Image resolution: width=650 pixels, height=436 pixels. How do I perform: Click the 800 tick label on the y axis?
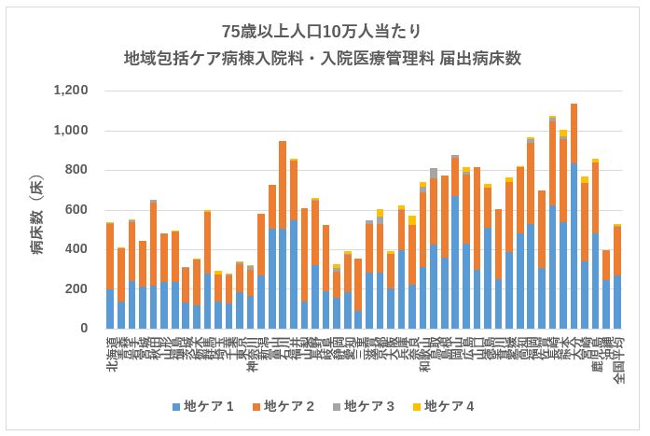(x=79, y=170)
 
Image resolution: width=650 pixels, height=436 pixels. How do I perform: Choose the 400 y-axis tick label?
(x=79, y=249)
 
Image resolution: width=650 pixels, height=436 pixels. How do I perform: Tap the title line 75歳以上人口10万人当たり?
(x=324, y=29)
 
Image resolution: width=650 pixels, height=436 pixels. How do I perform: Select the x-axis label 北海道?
(x=110, y=353)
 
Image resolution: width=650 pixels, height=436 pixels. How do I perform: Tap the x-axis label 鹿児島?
(x=596, y=353)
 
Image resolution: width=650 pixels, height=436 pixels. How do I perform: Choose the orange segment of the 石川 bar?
(x=283, y=186)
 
